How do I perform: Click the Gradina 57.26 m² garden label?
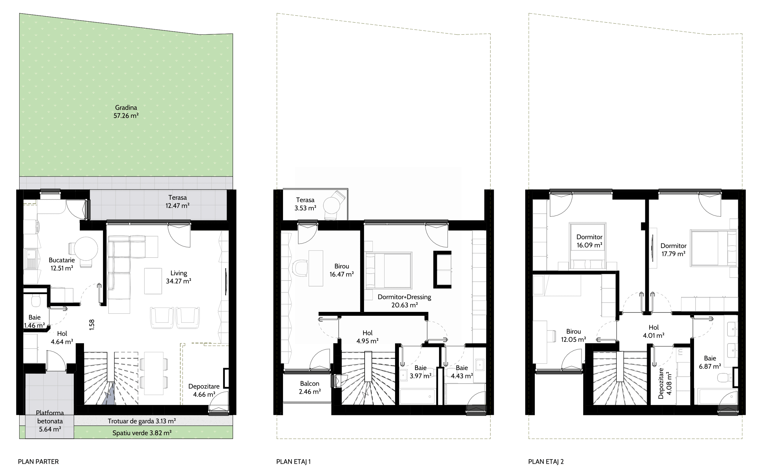tap(126, 111)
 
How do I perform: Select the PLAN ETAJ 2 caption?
tap(546, 461)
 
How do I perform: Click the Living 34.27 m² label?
tap(178, 277)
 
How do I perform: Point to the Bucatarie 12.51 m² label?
tap(62, 264)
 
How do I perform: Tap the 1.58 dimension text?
tap(92, 325)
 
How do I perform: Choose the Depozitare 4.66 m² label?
tap(204, 390)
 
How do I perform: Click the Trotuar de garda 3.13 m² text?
tap(142, 421)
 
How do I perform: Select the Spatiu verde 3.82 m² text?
tap(142, 433)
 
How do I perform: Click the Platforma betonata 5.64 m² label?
tap(50, 421)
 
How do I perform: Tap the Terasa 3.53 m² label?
tap(305, 204)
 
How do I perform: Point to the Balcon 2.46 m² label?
tap(310, 388)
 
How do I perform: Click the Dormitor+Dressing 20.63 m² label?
tap(404, 301)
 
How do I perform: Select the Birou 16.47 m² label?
tap(341, 270)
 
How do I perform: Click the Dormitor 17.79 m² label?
tap(674, 250)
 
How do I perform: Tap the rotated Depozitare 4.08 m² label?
tap(665, 383)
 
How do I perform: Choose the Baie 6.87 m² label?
tap(710, 362)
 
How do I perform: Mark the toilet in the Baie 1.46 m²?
tap(36, 300)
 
